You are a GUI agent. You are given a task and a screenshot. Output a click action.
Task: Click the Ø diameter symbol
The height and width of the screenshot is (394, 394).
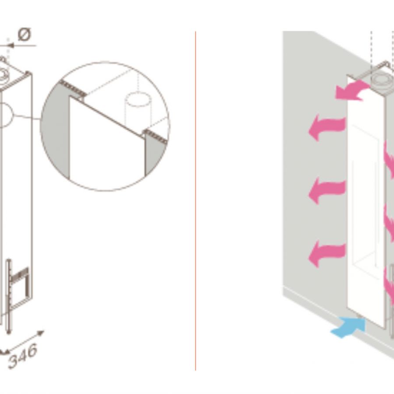[x=25, y=35]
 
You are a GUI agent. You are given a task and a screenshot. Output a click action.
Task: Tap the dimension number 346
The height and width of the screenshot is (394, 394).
[x=23, y=355]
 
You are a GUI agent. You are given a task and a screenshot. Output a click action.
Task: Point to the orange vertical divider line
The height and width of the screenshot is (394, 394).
[x=196, y=201]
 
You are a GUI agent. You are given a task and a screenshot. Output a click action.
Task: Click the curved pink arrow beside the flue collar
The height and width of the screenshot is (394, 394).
[x=352, y=91]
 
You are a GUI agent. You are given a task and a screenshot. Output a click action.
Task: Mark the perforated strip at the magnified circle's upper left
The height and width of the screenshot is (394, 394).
[x=73, y=88]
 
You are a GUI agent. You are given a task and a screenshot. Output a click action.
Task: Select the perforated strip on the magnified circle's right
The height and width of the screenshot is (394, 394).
[x=155, y=137]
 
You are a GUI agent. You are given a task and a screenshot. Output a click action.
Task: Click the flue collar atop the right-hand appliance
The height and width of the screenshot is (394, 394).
[x=382, y=81]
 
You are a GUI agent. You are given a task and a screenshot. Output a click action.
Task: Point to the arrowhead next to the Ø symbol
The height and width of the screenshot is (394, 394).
[x=10, y=46]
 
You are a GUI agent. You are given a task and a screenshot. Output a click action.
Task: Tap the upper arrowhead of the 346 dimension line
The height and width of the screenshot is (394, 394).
[x=40, y=333]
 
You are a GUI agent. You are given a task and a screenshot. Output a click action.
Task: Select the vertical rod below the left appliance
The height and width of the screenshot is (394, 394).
[x=9, y=296]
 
